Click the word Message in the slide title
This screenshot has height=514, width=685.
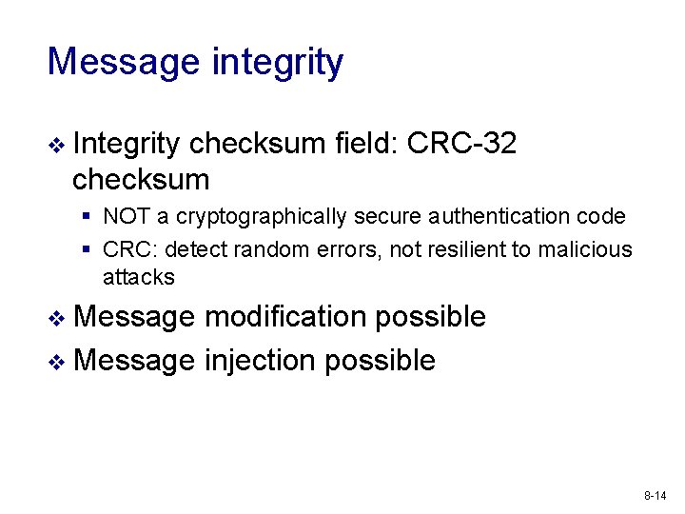coord(123,63)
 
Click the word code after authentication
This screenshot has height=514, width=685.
coord(602,217)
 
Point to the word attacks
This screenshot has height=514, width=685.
coord(139,277)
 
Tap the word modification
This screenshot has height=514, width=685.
coord(284,317)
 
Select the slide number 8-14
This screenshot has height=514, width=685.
coord(656,496)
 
